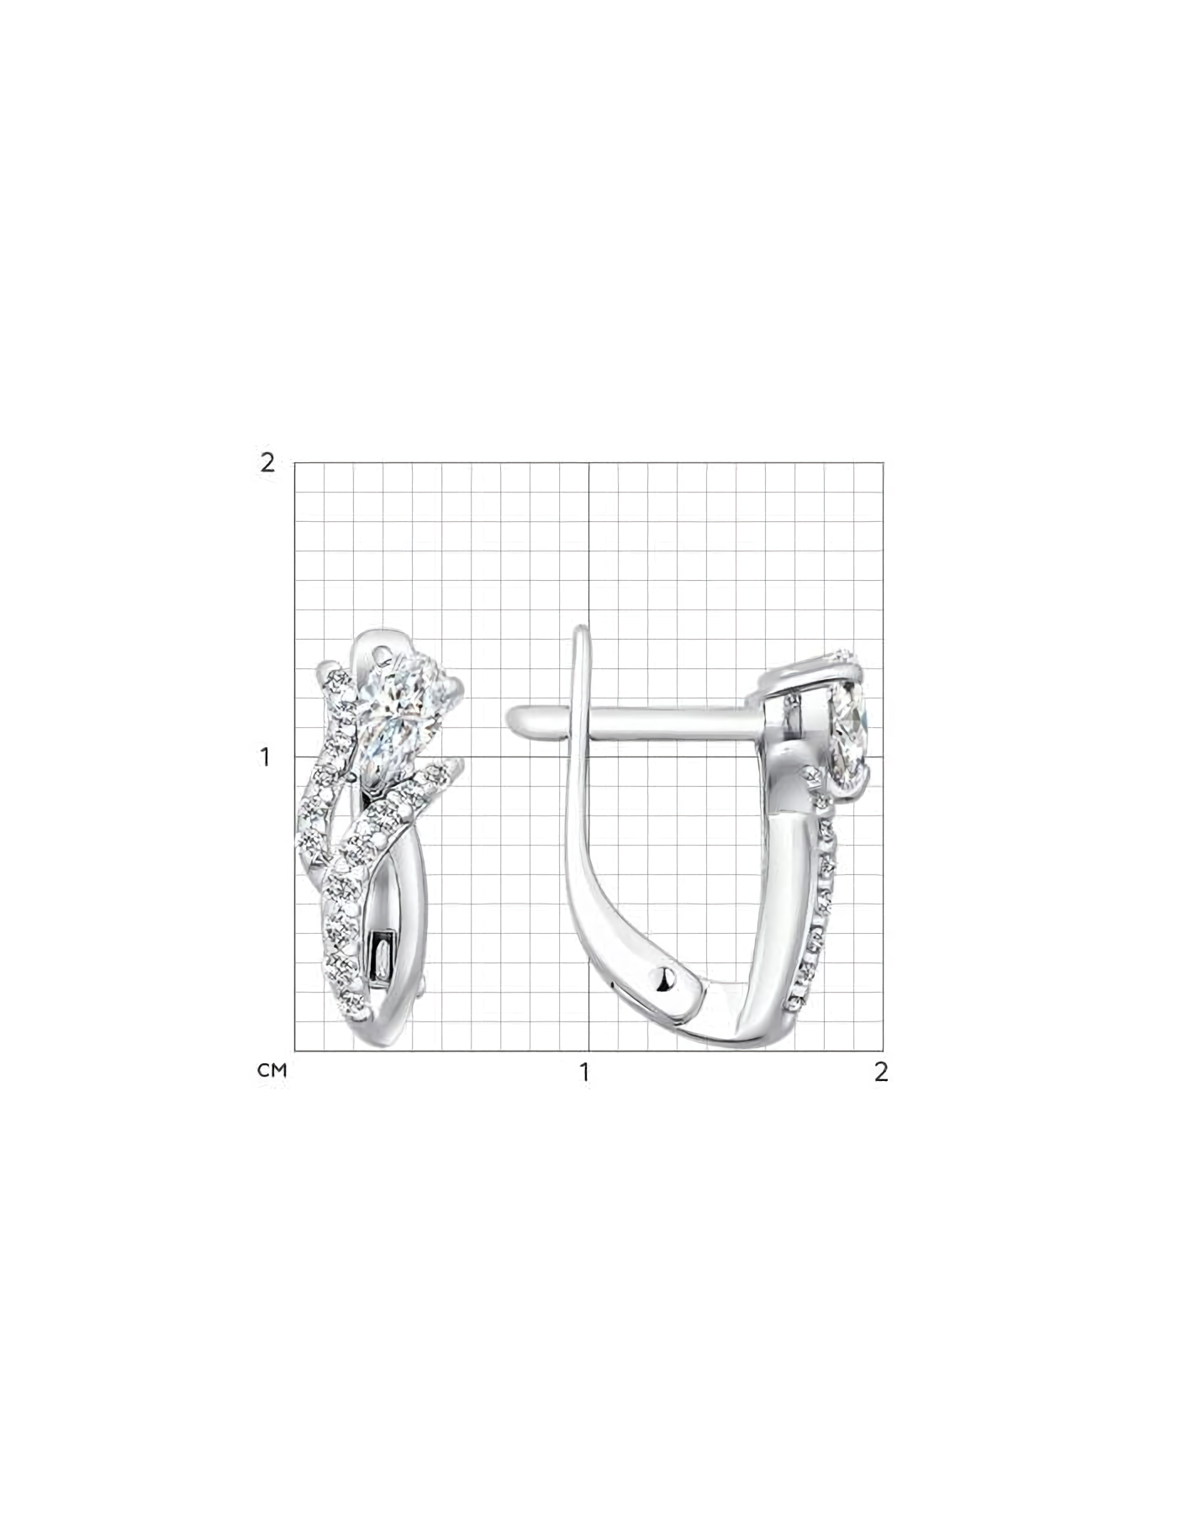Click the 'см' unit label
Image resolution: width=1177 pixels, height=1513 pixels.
pyautogui.click(x=272, y=1071)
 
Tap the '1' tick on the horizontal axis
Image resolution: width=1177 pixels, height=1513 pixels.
pyautogui.click(x=584, y=1072)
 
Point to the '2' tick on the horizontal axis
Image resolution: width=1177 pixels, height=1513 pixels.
pyautogui.click(x=881, y=1072)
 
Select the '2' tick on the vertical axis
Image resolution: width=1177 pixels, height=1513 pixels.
pyautogui.click(x=267, y=462)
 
